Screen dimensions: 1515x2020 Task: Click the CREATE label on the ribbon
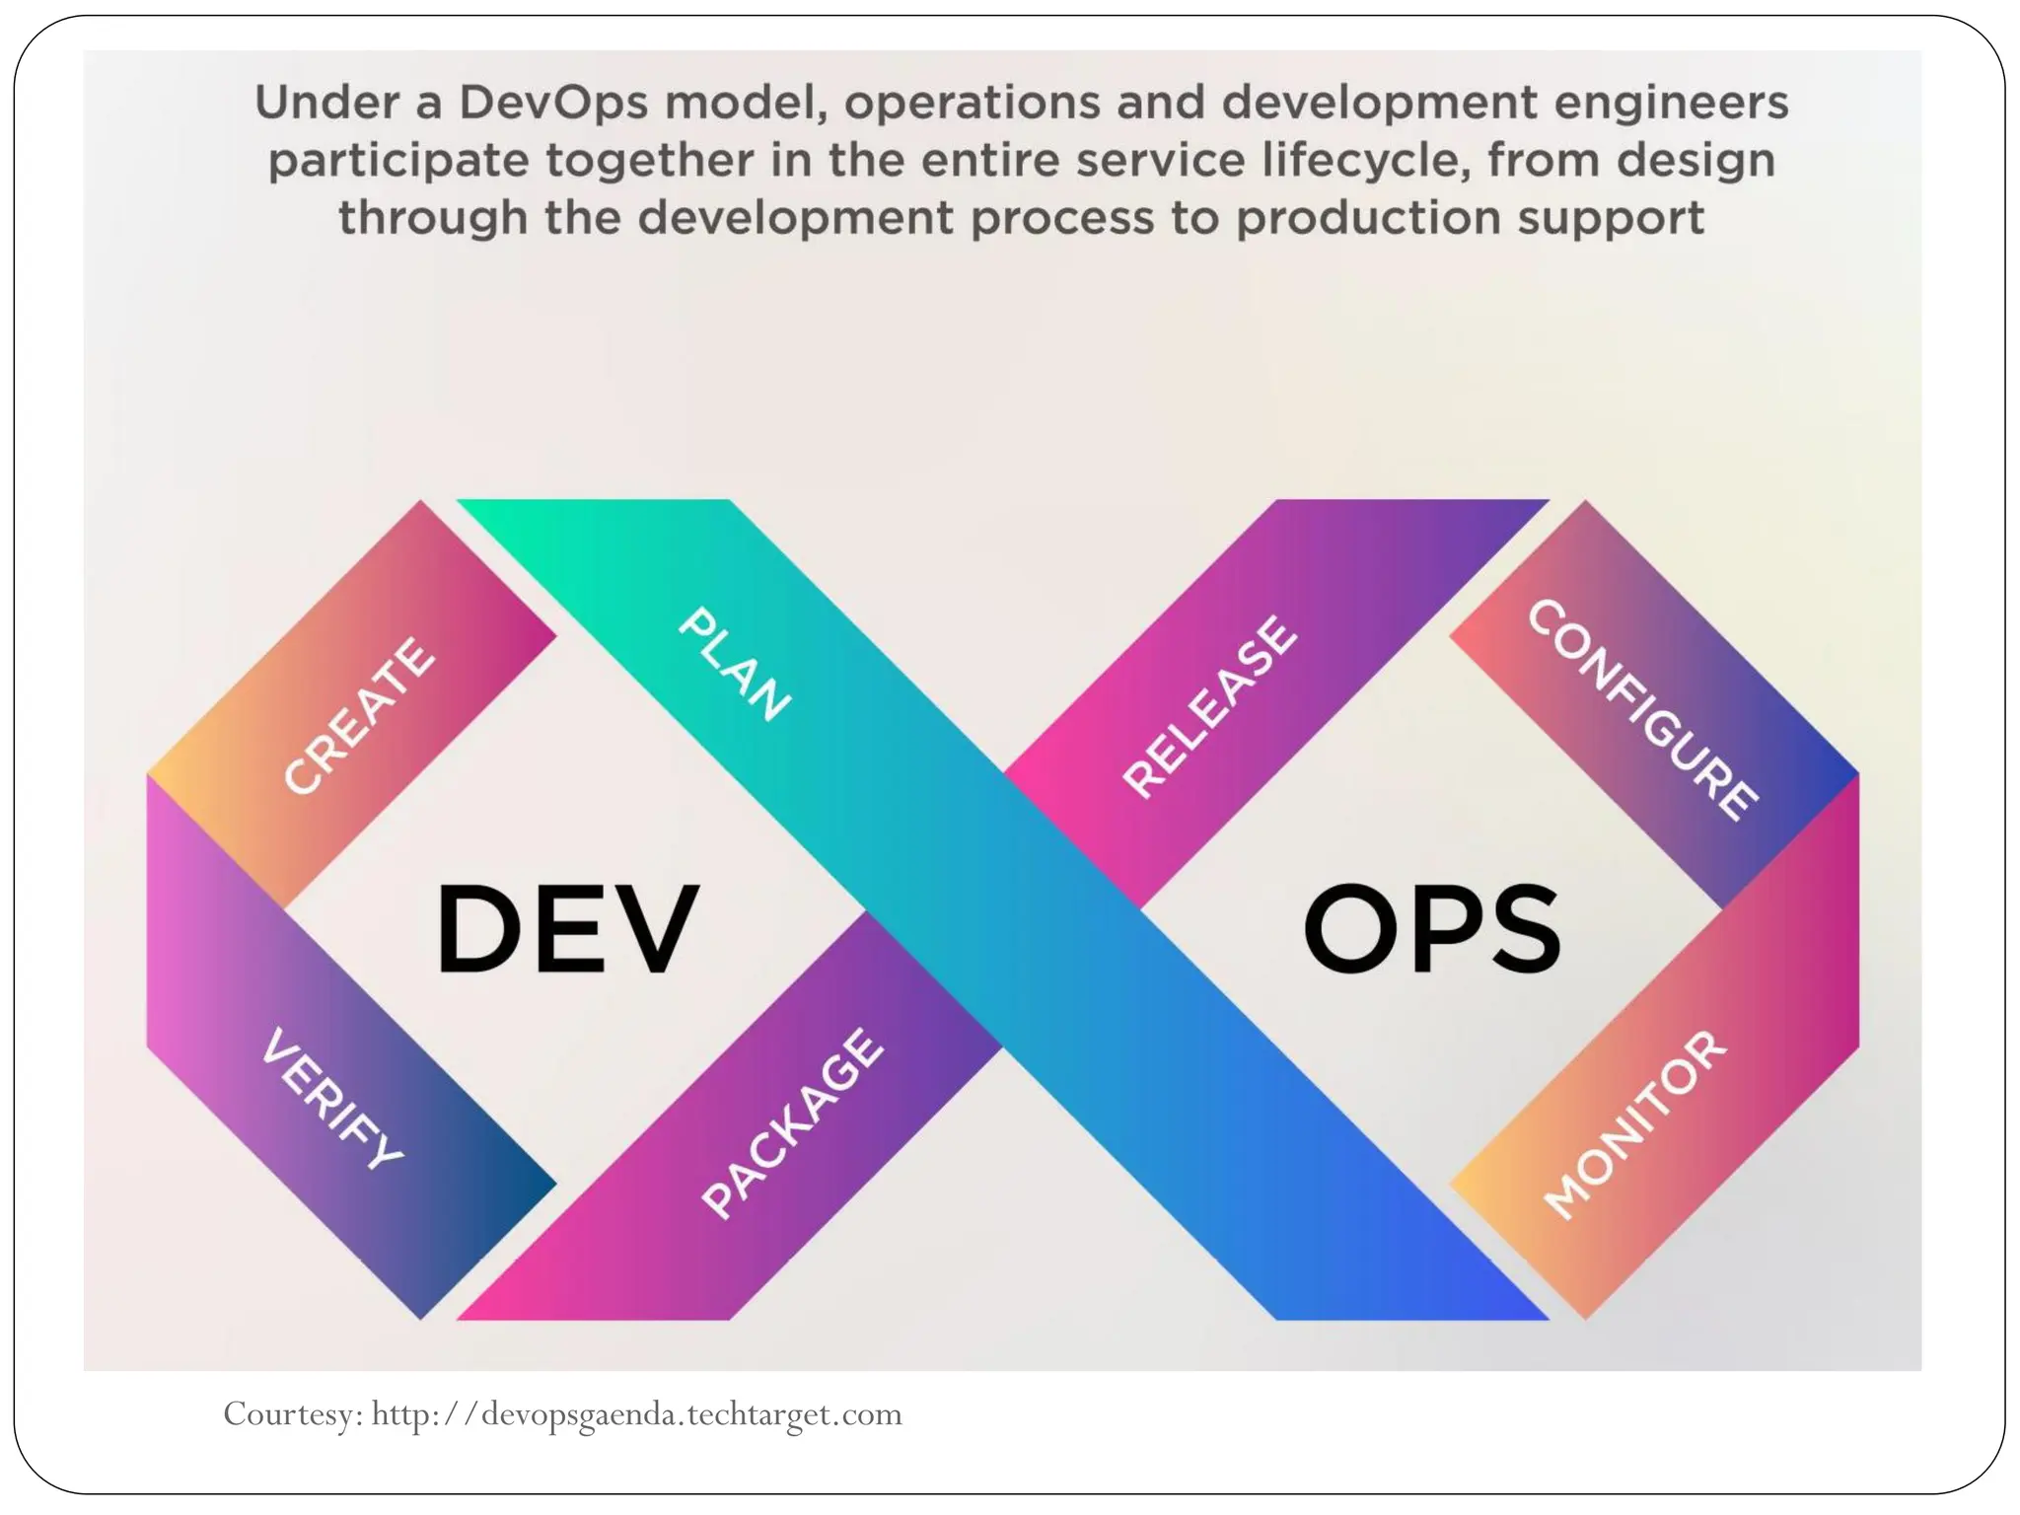tap(358, 715)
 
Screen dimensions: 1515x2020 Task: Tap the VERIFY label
tap(333, 1098)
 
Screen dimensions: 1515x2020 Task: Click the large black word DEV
tap(567, 929)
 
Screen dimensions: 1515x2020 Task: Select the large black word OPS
tap(1432, 929)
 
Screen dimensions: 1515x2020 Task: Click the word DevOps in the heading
tap(553, 103)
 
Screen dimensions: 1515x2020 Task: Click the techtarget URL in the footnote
tap(637, 1414)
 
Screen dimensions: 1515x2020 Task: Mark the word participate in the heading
tap(399, 162)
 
